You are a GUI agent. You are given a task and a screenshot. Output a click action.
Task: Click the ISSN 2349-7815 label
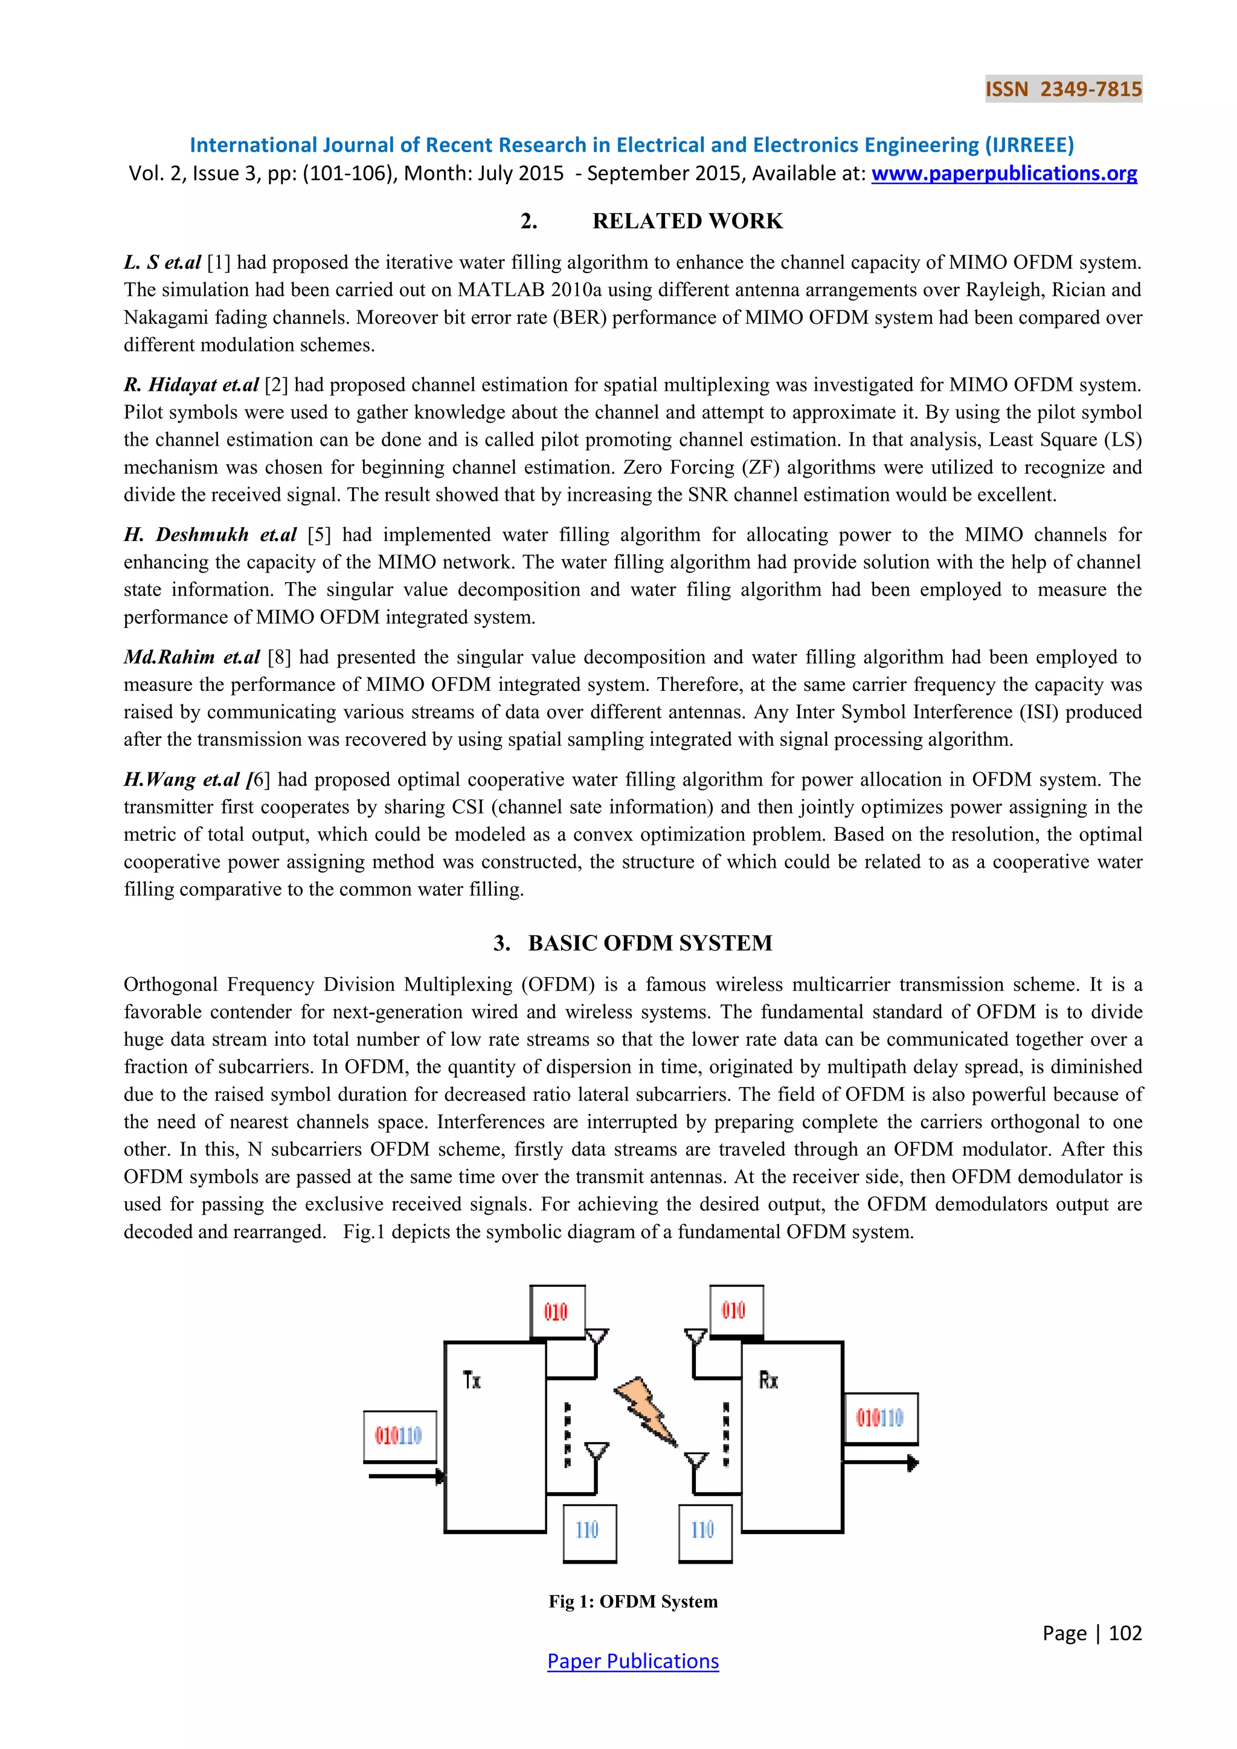[1063, 89]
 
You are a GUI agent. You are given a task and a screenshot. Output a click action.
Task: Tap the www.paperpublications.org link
[1004, 174]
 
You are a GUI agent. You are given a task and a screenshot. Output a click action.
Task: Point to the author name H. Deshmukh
[187, 534]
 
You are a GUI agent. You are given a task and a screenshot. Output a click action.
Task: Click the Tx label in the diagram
[472, 1379]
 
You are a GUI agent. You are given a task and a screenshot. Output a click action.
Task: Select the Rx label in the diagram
[768, 1379]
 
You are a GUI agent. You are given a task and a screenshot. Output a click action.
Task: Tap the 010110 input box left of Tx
[399, 1436]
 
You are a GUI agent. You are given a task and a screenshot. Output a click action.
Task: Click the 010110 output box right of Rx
[880, 1419]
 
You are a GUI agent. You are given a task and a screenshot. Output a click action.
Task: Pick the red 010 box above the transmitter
[557, 1312]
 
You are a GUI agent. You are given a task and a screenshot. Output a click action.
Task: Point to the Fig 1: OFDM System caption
[633, 1601]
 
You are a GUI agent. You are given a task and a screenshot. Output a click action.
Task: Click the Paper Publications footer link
[633, 1661]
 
